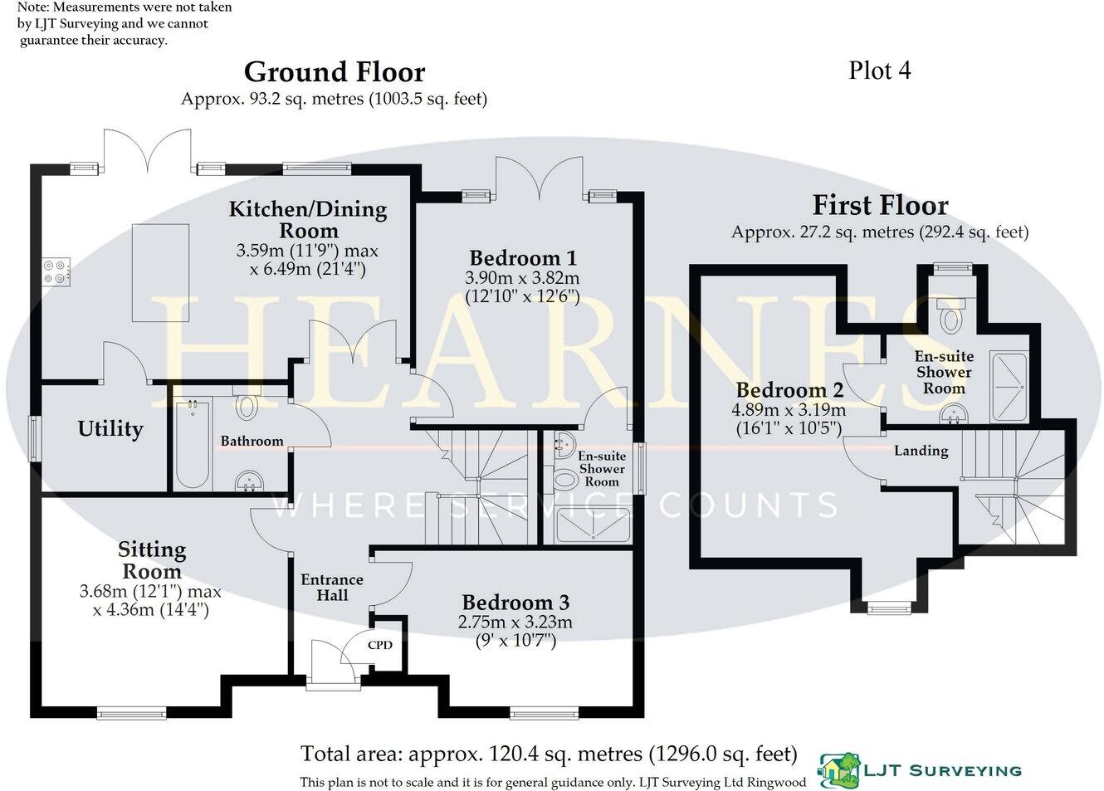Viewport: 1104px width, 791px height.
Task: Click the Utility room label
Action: coord(110,428)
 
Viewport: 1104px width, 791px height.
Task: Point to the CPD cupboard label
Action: coord(379,645)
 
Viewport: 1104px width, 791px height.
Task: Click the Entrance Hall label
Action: coord(332,588)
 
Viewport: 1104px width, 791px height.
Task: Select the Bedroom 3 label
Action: coord(515,603)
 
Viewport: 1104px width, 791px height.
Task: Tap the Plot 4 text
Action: coord(879,71)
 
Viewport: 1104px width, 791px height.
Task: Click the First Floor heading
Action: coord(880,205)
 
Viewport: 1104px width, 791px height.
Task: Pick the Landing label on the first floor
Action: coord(921,451)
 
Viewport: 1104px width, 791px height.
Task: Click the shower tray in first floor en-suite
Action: coord(1009,386)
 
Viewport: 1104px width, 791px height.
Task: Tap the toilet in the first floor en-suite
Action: coord(950,317)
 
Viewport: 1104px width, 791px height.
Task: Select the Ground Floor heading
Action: coord(335,72)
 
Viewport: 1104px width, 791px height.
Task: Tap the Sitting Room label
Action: coord(152,560)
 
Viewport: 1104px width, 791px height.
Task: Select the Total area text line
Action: coord(549,754)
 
